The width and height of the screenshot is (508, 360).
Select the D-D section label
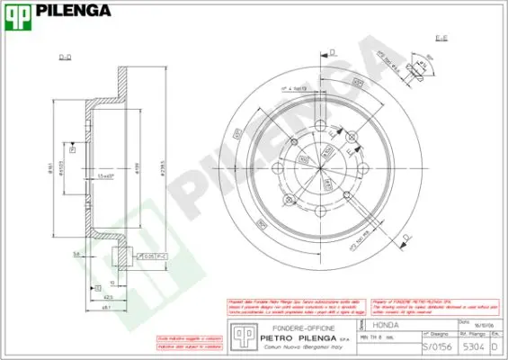[65, 58]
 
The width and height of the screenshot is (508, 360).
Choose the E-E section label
[442, 39]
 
